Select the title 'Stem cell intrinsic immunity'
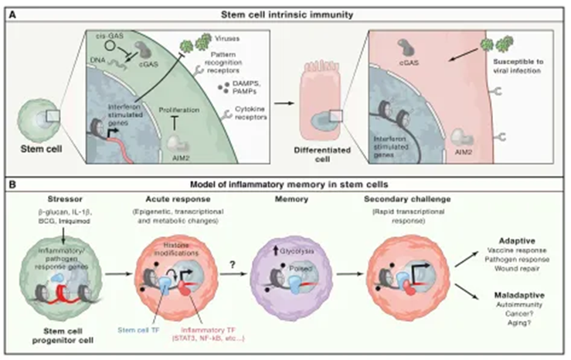tap(285, 11)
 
